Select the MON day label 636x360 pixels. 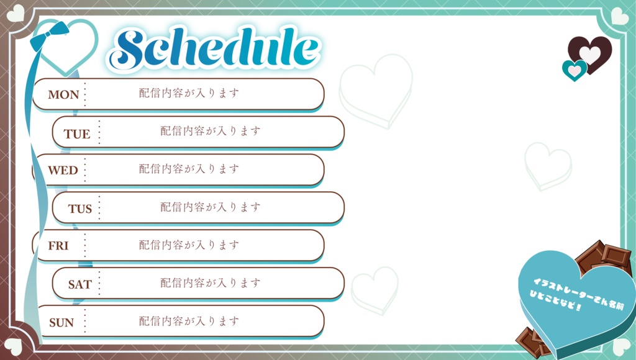click(x=63, y=95)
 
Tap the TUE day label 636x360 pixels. click(x=76, y=134)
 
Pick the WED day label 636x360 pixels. click(x=63, y=170)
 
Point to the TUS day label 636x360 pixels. click(x=79, y=209)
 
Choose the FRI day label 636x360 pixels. click(x=58, y=246)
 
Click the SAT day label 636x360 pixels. click(x=79, y=285)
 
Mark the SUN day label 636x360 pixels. click(x=61, y=323)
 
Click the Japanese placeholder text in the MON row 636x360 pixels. click(x=189, y=93)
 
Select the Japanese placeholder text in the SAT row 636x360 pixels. click(x=211, y=283)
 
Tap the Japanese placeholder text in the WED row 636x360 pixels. click(x=189, y=169)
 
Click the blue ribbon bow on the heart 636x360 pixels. click(x=50, y=37)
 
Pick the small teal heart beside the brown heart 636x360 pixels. click(x=575, y=70)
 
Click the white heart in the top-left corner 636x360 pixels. click(x=15, y=13)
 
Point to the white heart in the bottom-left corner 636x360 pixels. click(x=13, y=345)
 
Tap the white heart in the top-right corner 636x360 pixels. click(x=619, y=16)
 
